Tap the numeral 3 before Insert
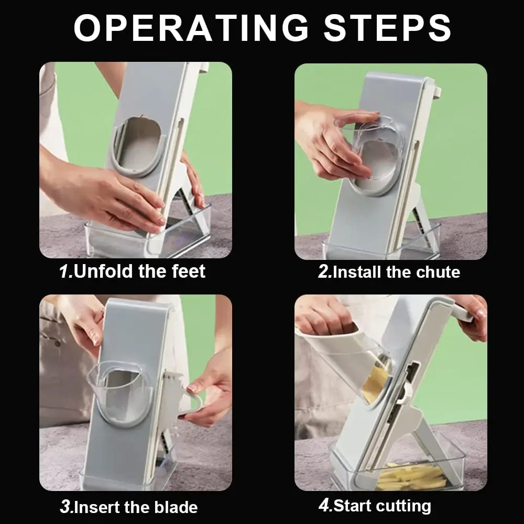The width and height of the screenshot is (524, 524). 65,507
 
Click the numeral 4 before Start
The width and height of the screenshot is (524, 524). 324,506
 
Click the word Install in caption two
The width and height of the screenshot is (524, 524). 356,272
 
